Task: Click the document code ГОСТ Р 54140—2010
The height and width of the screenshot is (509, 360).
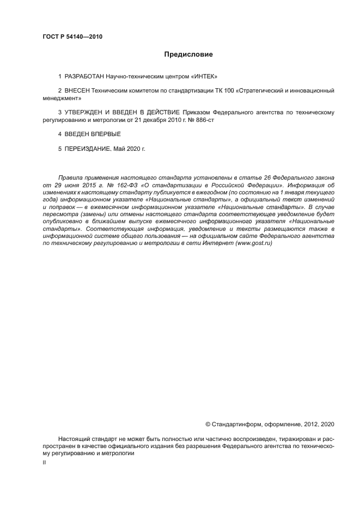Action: pyautogui.click(x=72, y=37)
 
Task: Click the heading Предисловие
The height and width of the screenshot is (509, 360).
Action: pyautogui.click(x=188, y=54)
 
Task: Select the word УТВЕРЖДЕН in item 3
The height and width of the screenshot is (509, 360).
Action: pyautogui.click(x=87, y=112)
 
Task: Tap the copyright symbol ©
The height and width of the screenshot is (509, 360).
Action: pyautogui.click(x=208, y=424)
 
